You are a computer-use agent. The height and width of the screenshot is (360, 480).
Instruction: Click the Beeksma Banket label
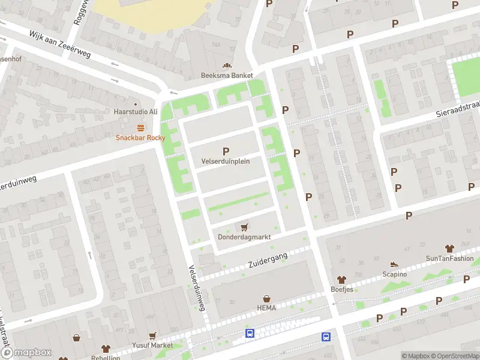227,76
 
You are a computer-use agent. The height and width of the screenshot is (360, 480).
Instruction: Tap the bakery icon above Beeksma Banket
227,66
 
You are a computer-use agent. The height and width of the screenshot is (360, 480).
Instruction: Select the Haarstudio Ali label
136,112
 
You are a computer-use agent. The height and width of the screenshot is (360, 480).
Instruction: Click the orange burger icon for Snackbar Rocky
140,127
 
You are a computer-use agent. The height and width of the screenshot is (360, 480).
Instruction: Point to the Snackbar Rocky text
140,137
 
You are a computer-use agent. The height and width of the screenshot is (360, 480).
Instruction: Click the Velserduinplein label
226,161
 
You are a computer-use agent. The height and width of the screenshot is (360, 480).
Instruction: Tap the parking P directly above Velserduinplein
226,151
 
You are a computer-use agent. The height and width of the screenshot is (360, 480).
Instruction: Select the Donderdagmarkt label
244,237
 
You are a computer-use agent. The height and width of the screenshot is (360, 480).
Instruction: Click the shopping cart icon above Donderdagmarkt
244,227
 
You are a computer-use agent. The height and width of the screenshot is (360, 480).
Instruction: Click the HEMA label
267,308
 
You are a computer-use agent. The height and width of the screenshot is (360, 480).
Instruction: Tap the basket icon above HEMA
267,298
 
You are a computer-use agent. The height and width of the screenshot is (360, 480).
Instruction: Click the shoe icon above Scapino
394,264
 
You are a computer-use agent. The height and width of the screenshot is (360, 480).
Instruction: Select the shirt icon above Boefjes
342,280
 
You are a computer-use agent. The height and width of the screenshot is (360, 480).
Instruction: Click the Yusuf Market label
152,346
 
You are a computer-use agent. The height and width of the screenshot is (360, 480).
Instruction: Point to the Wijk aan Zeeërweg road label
60,45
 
